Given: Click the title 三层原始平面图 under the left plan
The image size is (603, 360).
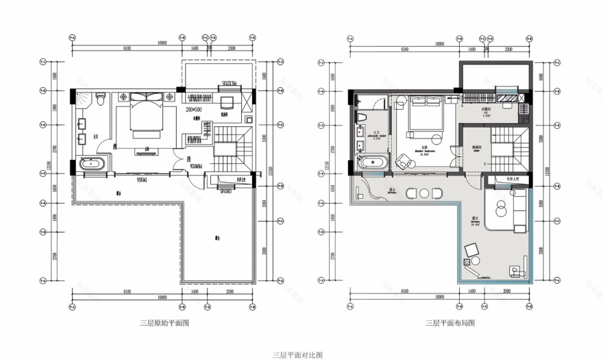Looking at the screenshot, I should (x=163, y=322).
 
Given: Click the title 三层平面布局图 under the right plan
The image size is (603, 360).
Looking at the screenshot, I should (x=450, y=322).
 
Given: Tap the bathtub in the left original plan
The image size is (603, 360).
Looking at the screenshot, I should (x=92, y=165).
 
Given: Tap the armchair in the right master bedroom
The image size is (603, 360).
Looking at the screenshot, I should (x=403, y=161).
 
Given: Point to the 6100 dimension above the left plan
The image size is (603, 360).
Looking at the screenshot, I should (x=126, y=49).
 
